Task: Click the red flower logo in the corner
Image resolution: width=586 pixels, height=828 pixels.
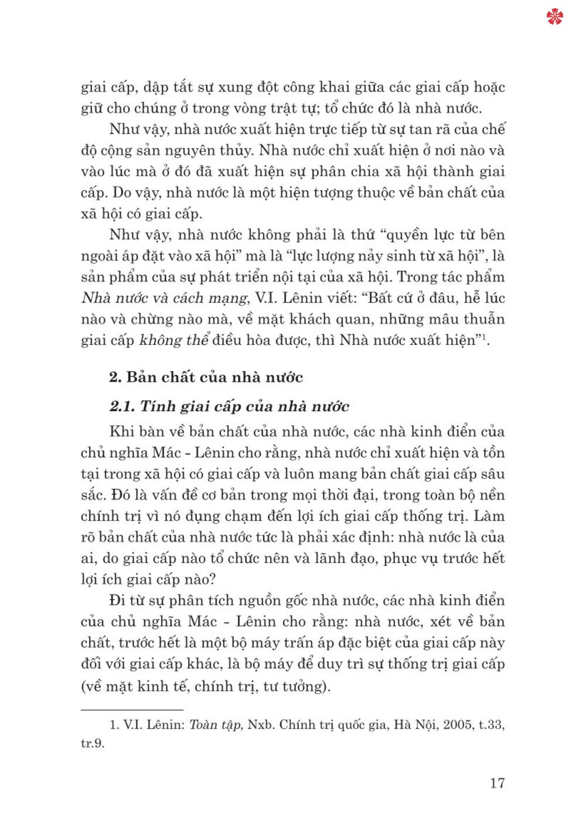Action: (554, 17)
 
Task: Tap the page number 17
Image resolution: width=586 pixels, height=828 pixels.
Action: (497, 783)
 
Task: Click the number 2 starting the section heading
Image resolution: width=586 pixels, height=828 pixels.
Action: (114, 377)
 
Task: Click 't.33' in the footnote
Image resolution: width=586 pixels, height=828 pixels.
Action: (492, 725)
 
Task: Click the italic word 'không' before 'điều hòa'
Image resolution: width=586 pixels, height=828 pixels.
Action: (161, 340)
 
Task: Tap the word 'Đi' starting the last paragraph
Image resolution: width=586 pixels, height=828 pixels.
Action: (117, 600)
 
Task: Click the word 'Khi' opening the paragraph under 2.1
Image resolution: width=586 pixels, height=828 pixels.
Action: (122, 432)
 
